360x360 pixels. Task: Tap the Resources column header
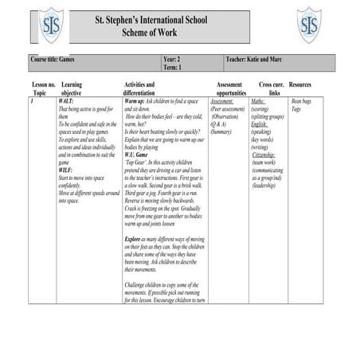click(300, 84)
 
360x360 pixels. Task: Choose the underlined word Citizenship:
click(267, 155)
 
